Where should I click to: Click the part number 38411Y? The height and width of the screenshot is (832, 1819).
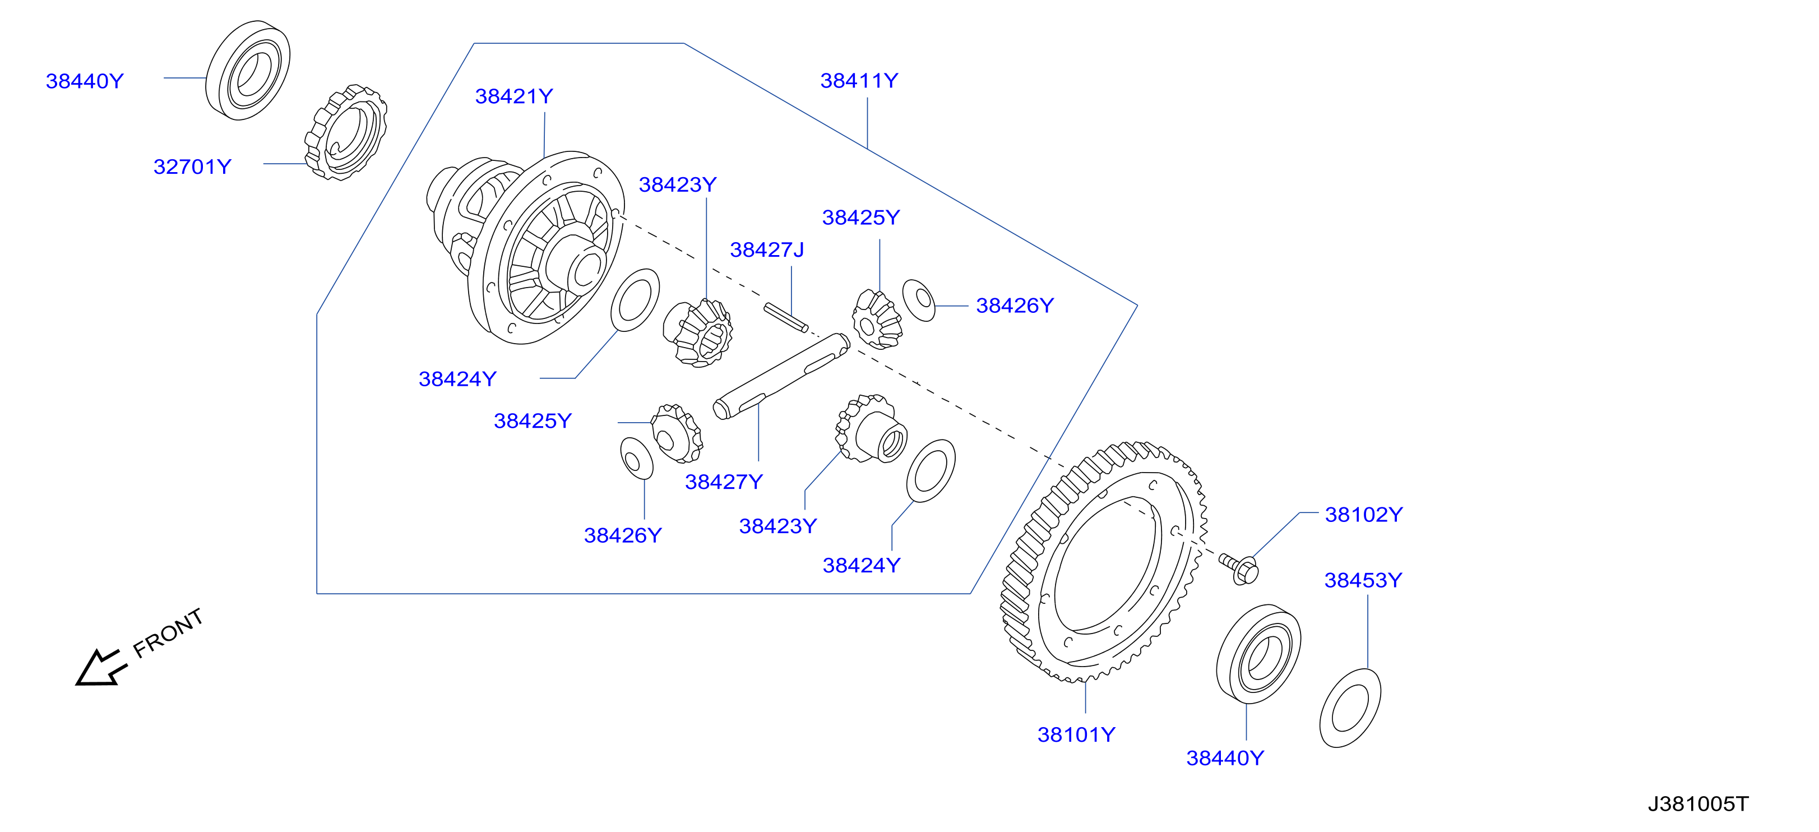tap(859, 81)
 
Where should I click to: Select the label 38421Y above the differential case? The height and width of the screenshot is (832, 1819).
tap(514, 96)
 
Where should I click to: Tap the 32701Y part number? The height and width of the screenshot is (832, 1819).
tap(192, 167)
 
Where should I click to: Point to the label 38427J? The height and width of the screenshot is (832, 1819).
tap(767, 250)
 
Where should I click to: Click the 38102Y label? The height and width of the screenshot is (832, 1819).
tap(1363, 514)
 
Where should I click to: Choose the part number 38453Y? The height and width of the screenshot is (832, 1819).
tap(1363, 580)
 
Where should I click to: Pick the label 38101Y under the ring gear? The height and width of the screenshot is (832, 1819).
tap(1076, 734)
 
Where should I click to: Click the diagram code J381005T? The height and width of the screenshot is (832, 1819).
tap(1698, 804)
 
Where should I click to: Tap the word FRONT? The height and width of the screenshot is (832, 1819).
tap(168, 633)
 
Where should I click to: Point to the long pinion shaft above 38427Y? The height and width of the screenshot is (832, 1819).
tap(781, 376)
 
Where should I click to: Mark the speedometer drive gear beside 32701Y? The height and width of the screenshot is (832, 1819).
tap(346, 132)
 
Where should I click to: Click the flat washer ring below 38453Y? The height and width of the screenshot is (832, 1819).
tap(1350, 708)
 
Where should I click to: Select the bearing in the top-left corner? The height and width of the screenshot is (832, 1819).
tap(248, 70)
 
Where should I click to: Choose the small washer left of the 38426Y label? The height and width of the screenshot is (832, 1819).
tap(919, 300)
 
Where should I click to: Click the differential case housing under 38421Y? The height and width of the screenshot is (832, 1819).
tap(526, 247)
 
